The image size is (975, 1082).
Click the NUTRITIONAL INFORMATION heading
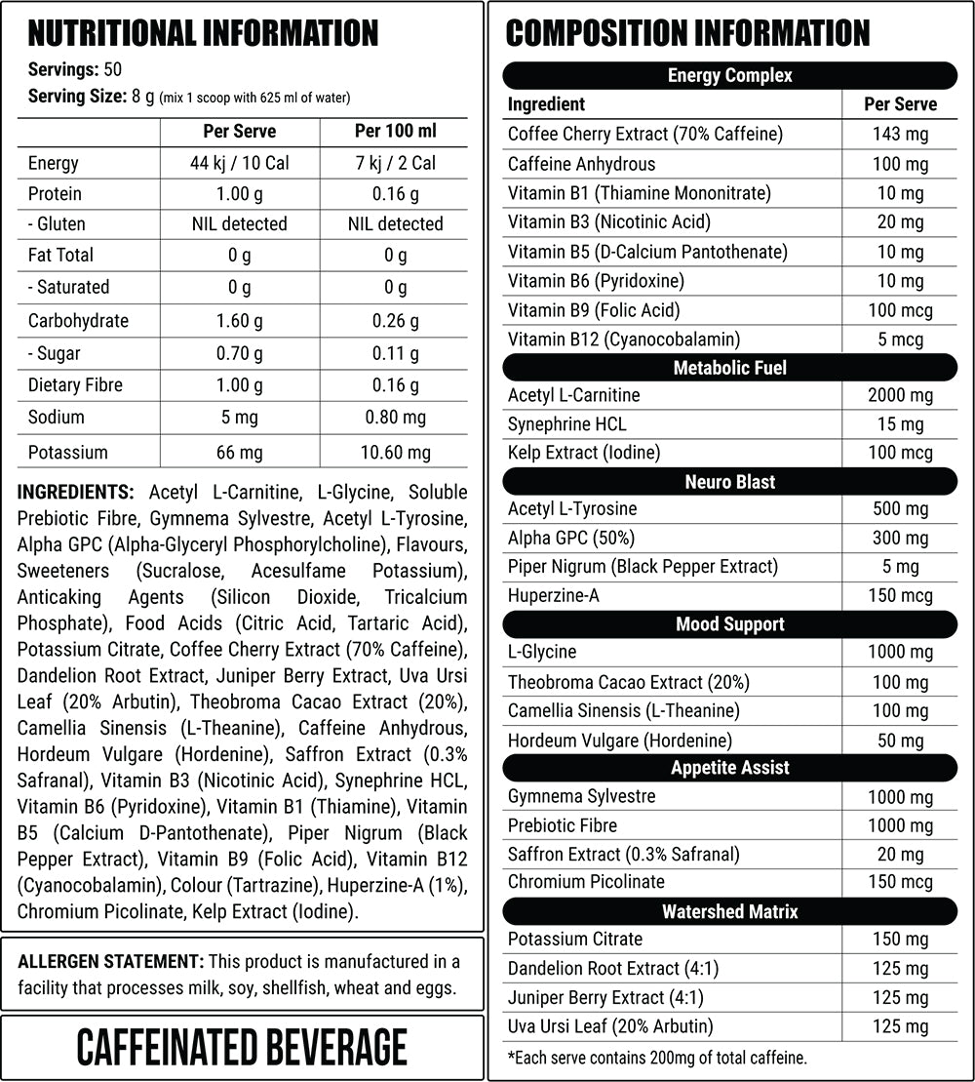(203, 34)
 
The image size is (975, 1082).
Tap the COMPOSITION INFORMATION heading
(687, 34)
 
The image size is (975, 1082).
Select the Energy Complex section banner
(729, 75)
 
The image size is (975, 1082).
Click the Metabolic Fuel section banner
(729, 368)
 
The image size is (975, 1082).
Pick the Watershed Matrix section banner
(729, 911)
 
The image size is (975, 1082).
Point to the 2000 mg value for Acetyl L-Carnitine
(900, 395)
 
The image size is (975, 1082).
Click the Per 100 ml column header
(395, 131)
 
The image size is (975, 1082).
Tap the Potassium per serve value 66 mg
(239, 452)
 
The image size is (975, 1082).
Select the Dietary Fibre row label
(75, 384)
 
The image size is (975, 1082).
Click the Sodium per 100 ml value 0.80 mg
(395, 418)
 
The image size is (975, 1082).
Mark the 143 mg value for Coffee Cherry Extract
(900, 135)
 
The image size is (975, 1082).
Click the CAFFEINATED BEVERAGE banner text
(242, 1047)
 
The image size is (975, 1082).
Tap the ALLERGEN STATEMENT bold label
(110, 962)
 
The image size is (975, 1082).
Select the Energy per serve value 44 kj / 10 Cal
(239, 163)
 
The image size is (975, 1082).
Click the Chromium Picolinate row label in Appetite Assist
(586, 882)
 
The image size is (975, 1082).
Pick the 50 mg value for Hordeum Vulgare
(900, 741)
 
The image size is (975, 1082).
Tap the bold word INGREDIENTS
(75, 492)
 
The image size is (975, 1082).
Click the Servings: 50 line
(74, 71)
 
